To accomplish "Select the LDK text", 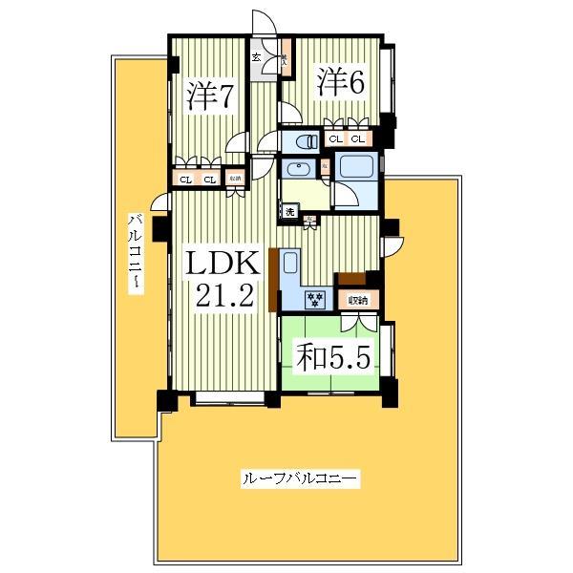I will pos(222,263).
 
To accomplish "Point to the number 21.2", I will pos(223,295).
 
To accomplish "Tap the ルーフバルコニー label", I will pos(299,477).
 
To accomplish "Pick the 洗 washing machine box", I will pos(289,210).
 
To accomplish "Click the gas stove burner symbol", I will pos(315,300).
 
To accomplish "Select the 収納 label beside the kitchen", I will pos(357,300).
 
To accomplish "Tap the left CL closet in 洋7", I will pos(184,179).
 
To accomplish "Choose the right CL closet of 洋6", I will pos(356,139).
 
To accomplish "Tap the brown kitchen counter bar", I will pos(274,279).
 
